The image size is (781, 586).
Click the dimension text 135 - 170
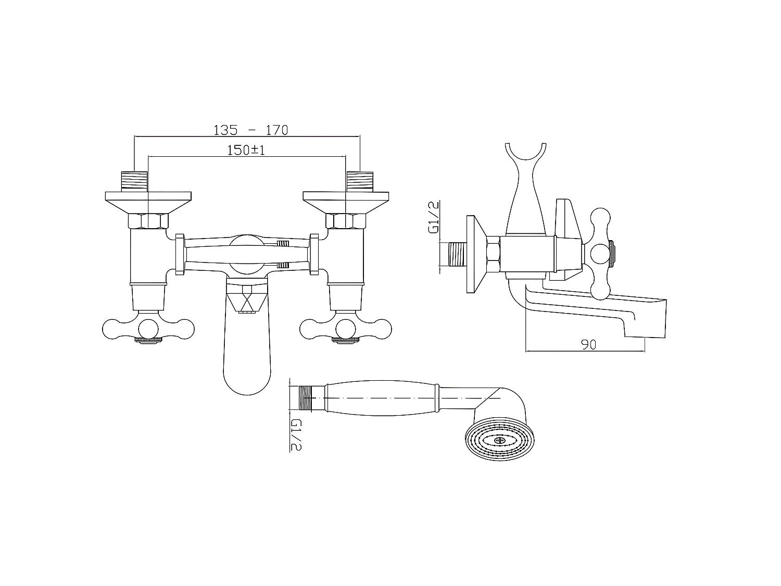250,130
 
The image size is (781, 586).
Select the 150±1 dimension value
246,150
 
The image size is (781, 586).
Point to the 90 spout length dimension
589,344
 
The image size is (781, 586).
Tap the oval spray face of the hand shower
499,440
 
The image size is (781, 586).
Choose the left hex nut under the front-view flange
148,221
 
